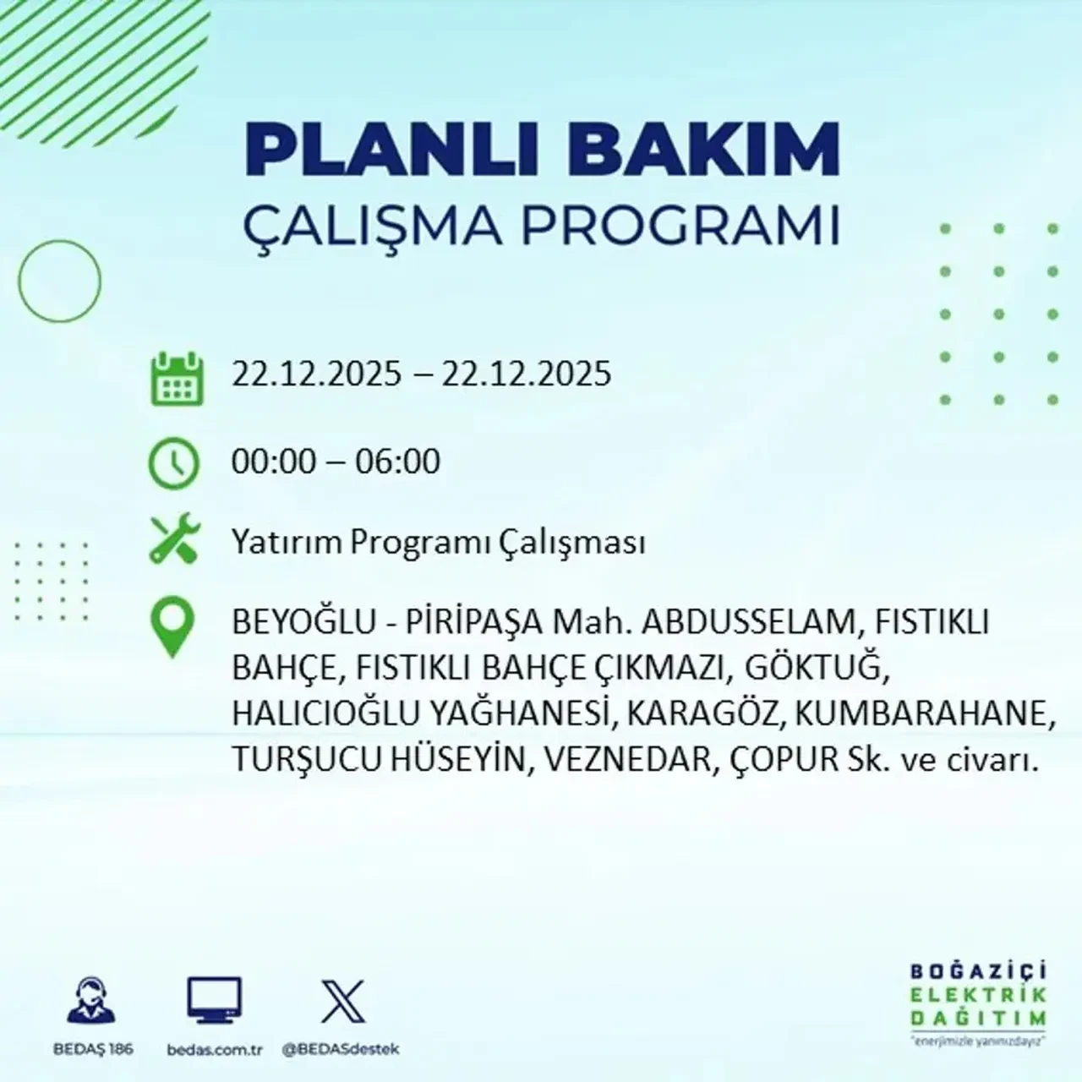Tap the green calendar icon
pyautogui.click(x=177, y=379)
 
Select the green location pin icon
pyautogui.click(x=172, y=627)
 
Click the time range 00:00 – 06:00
pyautogui.click(x=336, y=462)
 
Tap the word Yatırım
pyautogui.click(x=287, y=543)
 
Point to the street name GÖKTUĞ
pyautogui.click(x=816, y=669)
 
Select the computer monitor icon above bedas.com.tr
pyautogui.click(x=214, y=1000)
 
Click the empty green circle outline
pyautogui.click(x=59, y=281)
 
